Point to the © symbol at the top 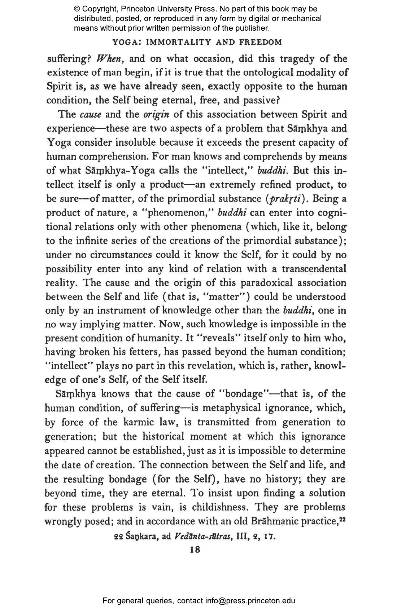click(x=77, y=9)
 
